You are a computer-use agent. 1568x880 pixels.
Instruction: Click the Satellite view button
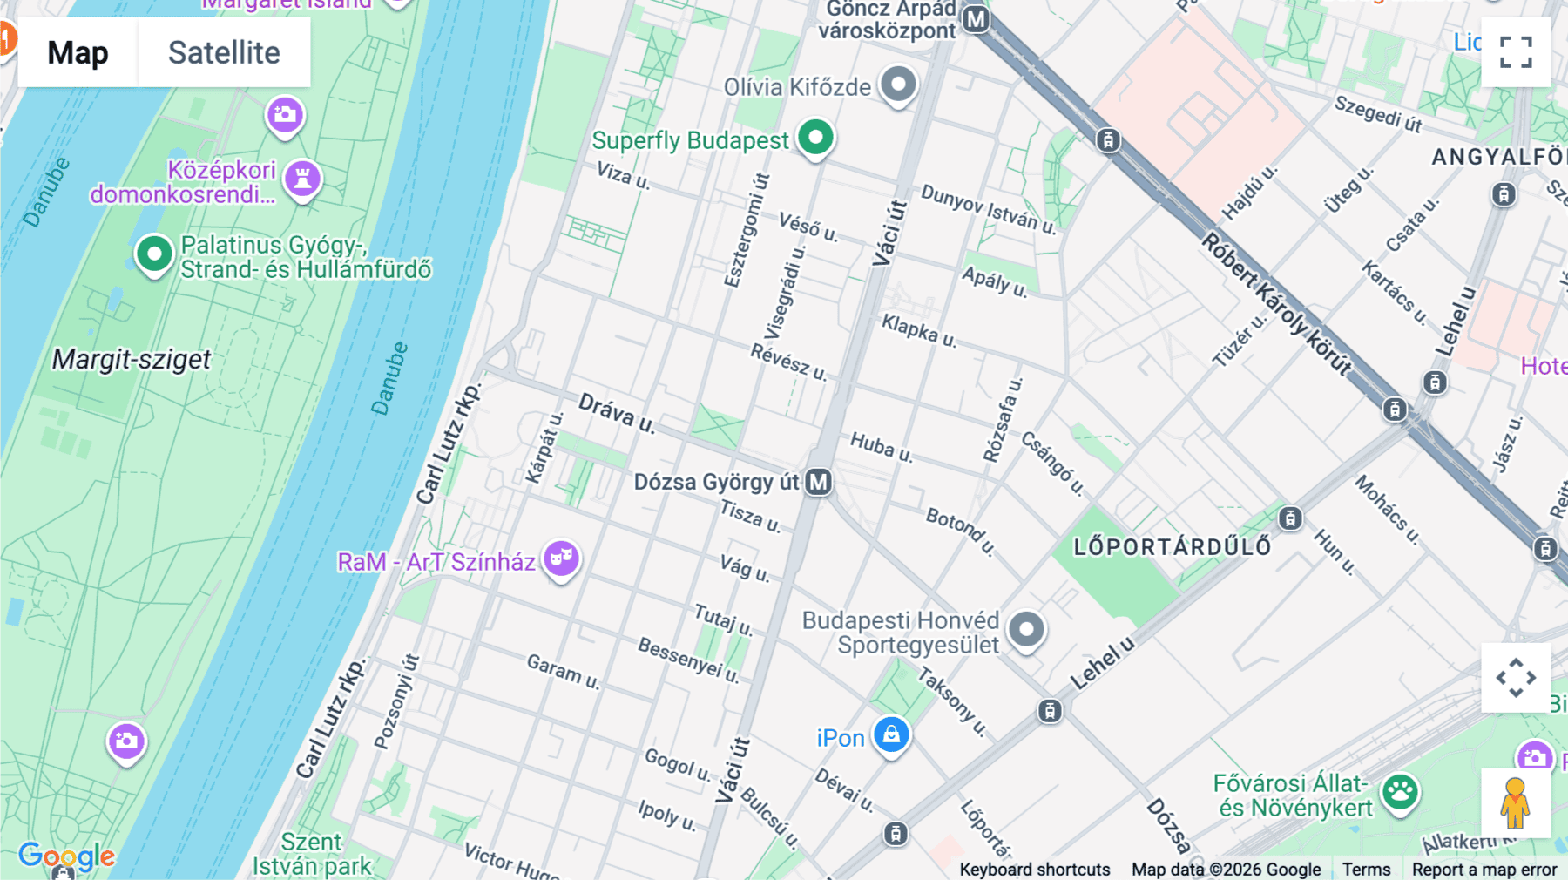224,52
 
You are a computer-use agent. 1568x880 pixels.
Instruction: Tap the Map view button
78,52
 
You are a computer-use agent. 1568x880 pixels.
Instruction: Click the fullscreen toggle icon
1516,52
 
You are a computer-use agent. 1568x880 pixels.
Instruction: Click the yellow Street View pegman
1515,802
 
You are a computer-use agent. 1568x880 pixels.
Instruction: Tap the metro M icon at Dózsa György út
818,482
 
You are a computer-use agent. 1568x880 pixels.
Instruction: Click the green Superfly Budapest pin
815,138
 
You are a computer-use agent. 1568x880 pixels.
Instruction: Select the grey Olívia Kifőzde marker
898,85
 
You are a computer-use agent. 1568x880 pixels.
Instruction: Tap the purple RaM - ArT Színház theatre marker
561,558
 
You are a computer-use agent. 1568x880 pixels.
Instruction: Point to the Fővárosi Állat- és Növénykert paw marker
1400,793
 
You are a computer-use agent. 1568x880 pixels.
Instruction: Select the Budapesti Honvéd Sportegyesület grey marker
1026,629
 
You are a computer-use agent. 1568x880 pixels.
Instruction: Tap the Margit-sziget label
132,359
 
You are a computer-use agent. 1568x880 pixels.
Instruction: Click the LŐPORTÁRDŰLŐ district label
1172,547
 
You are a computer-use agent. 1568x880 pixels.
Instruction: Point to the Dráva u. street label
616,412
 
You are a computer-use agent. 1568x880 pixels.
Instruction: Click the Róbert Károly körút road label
1276,303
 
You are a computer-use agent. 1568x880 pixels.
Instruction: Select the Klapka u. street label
918,330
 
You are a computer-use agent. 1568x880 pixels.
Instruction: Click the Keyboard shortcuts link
1034,870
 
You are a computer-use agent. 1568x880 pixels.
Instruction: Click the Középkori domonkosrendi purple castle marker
302,179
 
